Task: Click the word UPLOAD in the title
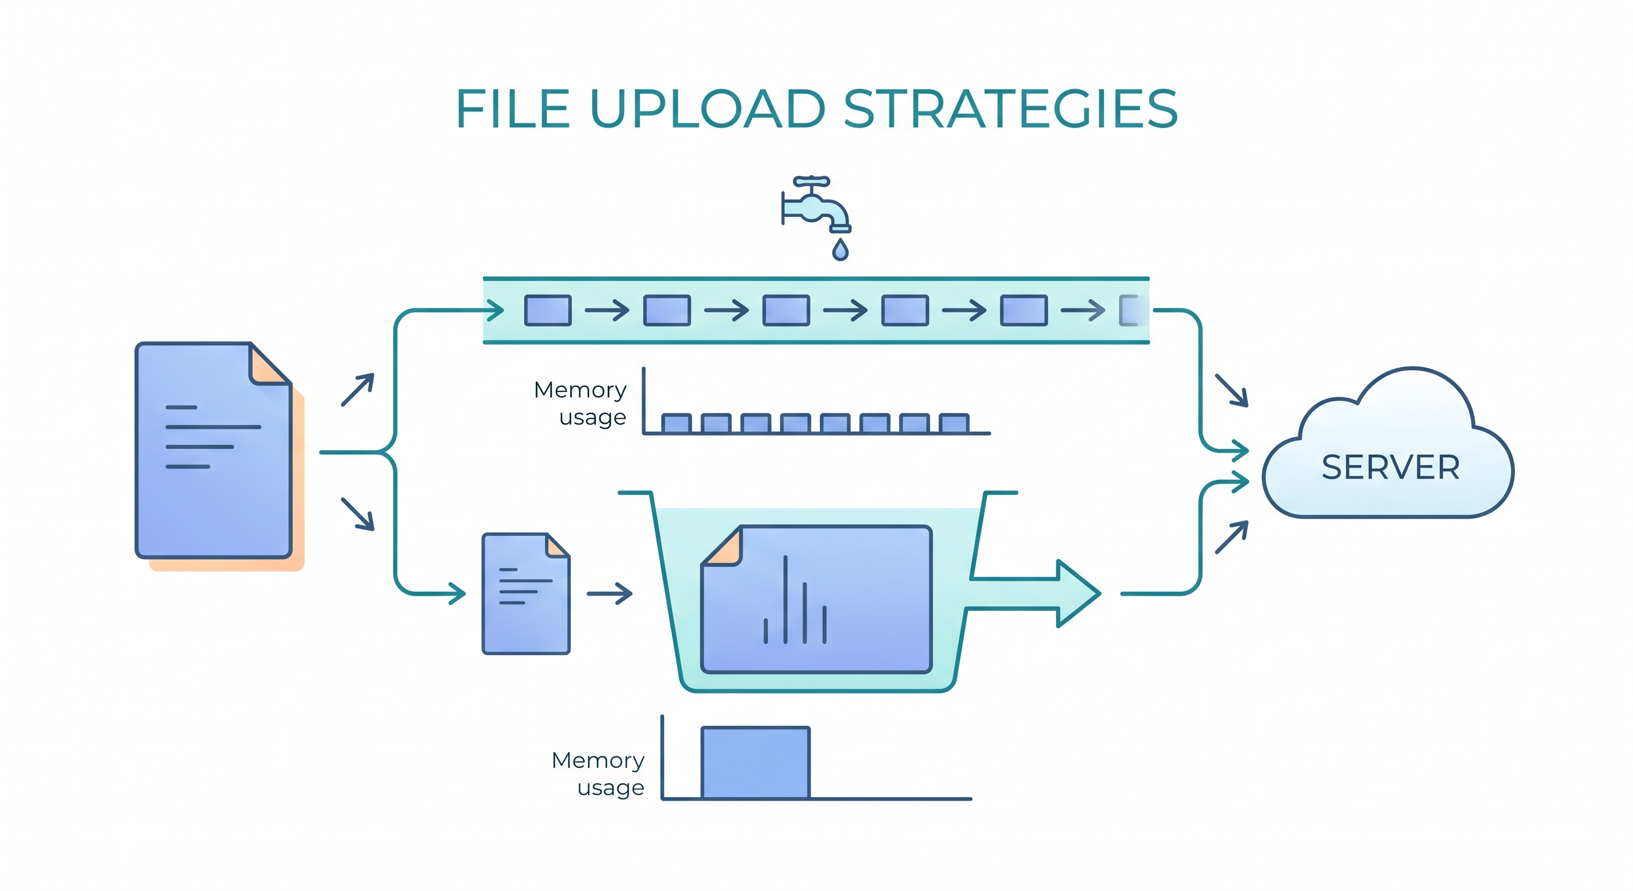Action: pyautogui.click(x=707, y=109)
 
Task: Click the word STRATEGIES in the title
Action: pyautogui.click(x=1011, y=109)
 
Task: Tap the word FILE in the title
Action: pyautogui.click(x=512, y=109)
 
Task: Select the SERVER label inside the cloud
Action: pyautogui.click(x=1391, y=468)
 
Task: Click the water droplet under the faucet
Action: pyautogui.click(x=840, y=251)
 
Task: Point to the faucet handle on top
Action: pyautogui.click(x=811, y=182)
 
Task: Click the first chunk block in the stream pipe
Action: pyautogui.click(x=547, y=311)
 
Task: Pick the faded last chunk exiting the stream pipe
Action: pyautogui.click(x=1132, y=311)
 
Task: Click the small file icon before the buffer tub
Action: pyautogui.click(x=526, y=593)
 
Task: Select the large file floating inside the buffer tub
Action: pyautogui.click(x=817, y=599)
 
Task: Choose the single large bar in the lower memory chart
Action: pyautogui.click(x=756, y=763)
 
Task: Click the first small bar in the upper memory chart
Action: pyautogui.click(x=676, y=423)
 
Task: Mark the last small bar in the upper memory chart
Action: pyautogui.click(x=954, y=423)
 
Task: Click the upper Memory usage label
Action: pyautogui.click(x=580, y=403)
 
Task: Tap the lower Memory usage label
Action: pyautogui.click(x=598, y=774)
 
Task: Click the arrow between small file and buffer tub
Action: pyautogui.click(x=609, y=593)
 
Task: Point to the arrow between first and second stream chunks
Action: pyautogui.click(x=607, y=311)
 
